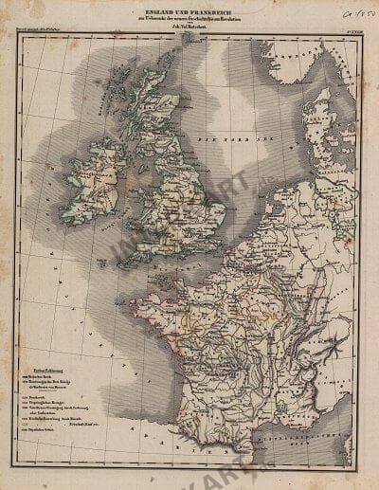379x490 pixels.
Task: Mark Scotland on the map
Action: click(152, 104)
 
